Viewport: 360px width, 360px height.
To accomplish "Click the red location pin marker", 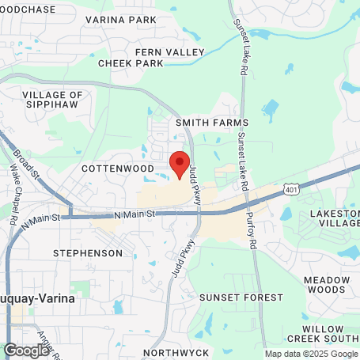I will (180, 164).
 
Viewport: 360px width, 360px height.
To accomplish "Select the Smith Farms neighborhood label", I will (212, 123).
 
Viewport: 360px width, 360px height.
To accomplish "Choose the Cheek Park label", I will (131, 63).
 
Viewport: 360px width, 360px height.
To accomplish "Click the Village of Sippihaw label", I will (49, 99).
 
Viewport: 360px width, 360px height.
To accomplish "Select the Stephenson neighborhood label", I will (88, 253).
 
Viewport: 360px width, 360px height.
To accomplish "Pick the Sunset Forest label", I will (241, 297).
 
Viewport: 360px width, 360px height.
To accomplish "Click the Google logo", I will (26, 350).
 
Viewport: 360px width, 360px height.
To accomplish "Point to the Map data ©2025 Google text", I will (311, 354).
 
